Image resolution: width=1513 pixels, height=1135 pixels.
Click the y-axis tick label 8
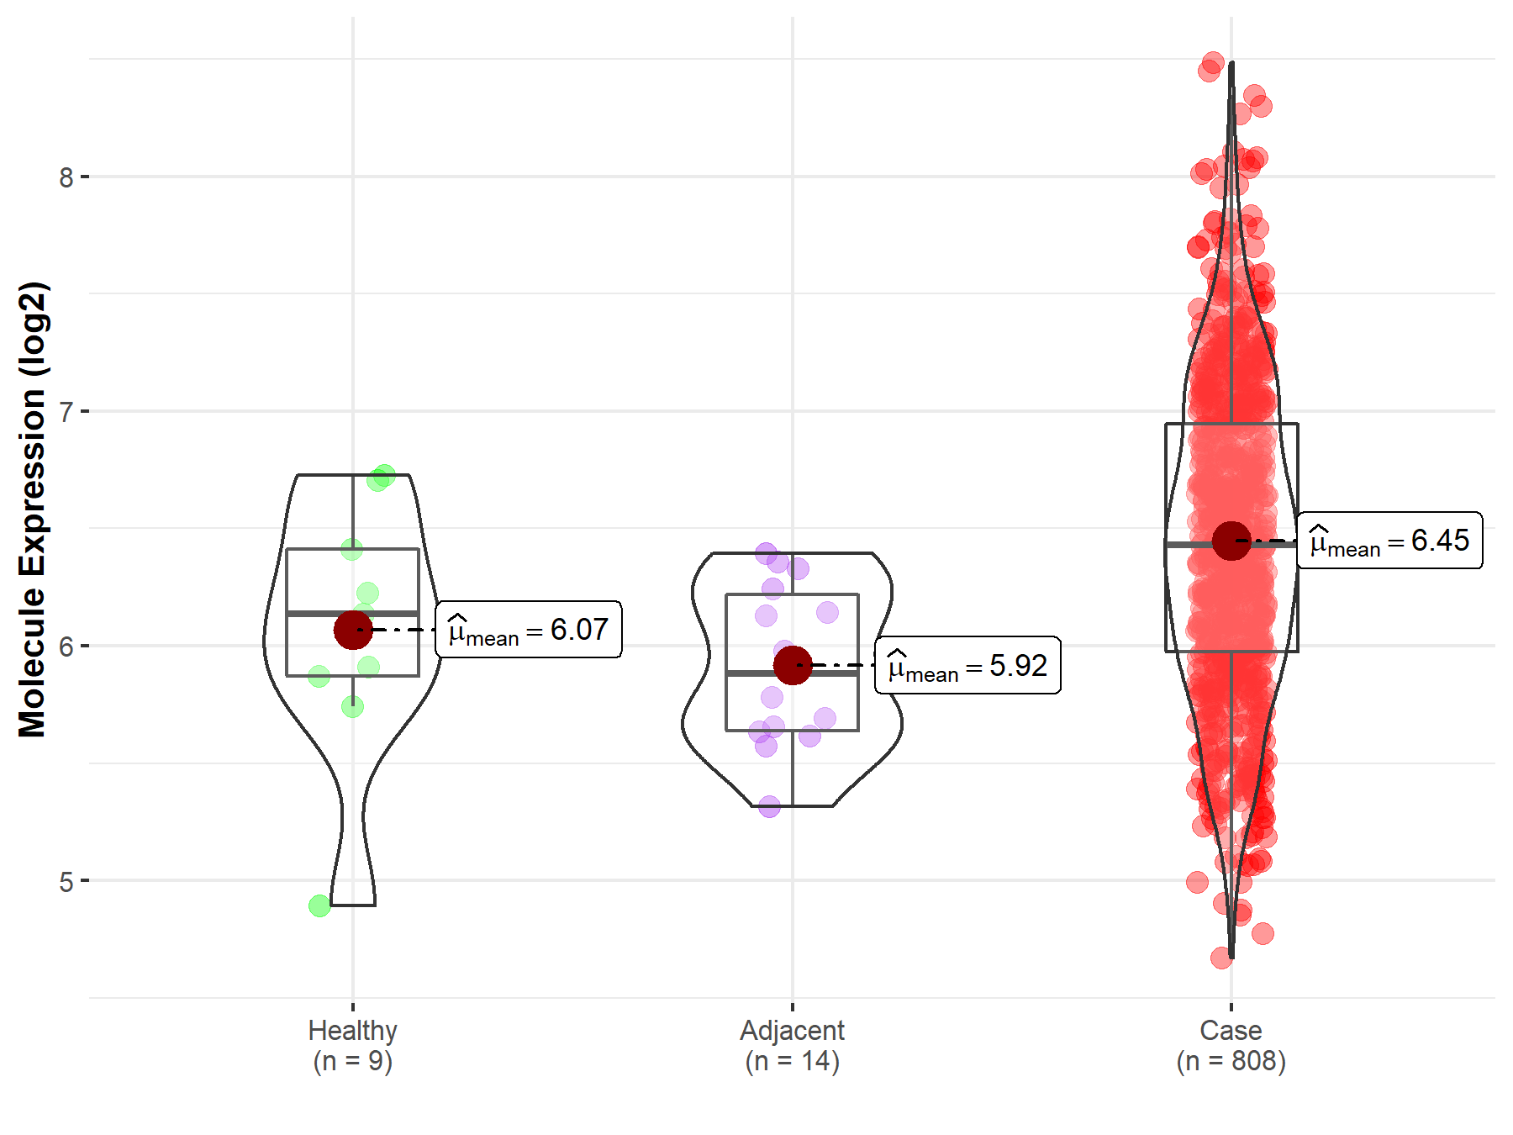(66, 177)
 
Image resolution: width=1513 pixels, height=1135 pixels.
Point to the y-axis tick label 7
(66, 412)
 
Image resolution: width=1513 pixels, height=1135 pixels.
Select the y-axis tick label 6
(66, 647)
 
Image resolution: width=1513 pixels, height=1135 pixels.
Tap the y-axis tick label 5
(66, 882)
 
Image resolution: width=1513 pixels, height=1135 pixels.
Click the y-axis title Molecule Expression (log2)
(33, 509)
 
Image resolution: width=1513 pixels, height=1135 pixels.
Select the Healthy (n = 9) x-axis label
(352, 1045)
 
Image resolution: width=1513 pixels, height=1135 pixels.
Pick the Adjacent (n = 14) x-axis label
(792, 1045)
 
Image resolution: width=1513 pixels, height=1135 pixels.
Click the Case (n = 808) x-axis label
(1231, 1045)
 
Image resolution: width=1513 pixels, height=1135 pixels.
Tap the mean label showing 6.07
(529, 630)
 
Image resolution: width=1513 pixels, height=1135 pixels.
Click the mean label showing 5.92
(967, 666)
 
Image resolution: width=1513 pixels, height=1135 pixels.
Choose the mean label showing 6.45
(1389, 541)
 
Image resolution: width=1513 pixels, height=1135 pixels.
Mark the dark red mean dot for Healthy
(353, 630)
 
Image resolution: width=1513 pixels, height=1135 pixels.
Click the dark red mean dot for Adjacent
(792, 666)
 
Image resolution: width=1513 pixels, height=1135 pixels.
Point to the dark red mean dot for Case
(1231, 541)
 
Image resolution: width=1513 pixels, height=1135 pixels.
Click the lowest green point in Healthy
(319, 905)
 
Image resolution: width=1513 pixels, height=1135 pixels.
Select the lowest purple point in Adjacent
(769, 807)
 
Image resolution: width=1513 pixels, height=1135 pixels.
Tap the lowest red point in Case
(1221, 958)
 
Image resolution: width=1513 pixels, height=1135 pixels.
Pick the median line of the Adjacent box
(828, 673)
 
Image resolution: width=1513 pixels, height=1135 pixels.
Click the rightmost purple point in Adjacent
(828, 612)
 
